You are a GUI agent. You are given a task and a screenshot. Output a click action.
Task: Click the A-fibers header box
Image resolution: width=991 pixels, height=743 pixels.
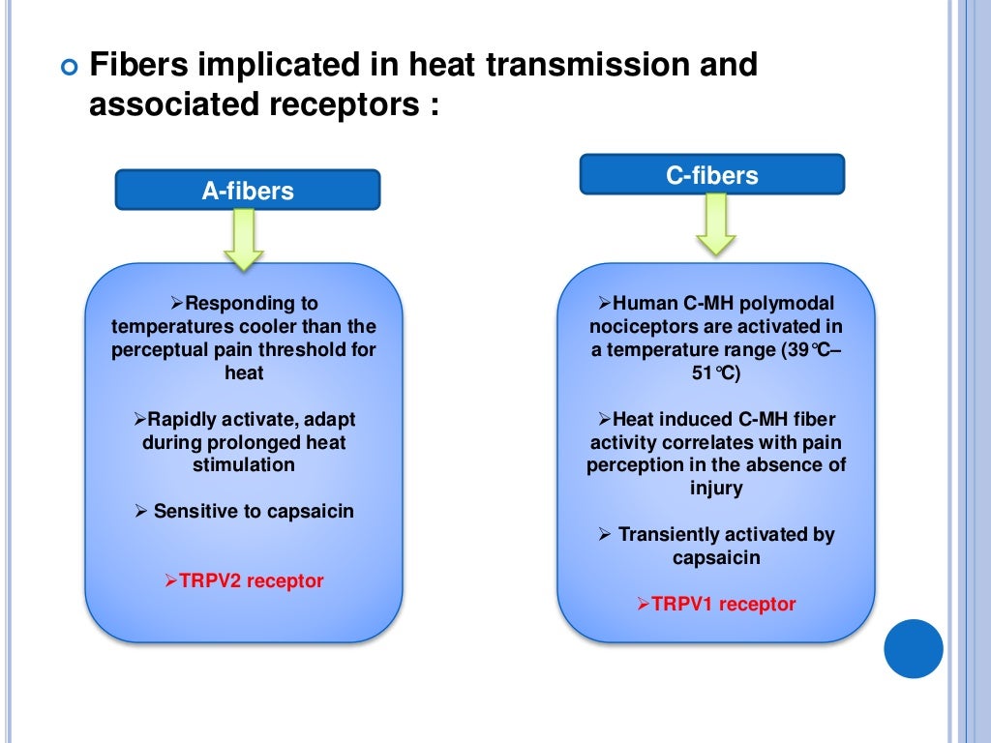(248, 191)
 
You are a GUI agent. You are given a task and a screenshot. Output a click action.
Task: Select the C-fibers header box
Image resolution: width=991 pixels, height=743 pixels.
(711, 175)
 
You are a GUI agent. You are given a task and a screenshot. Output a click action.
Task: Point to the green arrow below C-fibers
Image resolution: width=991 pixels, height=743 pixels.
(716, 224)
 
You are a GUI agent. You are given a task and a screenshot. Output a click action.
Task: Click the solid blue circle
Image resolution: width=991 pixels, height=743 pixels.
(914, 648)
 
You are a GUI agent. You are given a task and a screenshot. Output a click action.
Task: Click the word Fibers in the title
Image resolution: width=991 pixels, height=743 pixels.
(135, 66)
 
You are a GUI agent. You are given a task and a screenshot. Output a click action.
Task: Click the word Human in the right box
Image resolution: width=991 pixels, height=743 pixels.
(645, 304)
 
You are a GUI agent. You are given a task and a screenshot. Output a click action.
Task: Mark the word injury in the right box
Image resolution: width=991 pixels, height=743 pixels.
(716, 489)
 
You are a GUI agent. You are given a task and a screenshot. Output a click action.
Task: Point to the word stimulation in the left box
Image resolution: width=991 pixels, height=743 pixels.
(243, 465)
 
